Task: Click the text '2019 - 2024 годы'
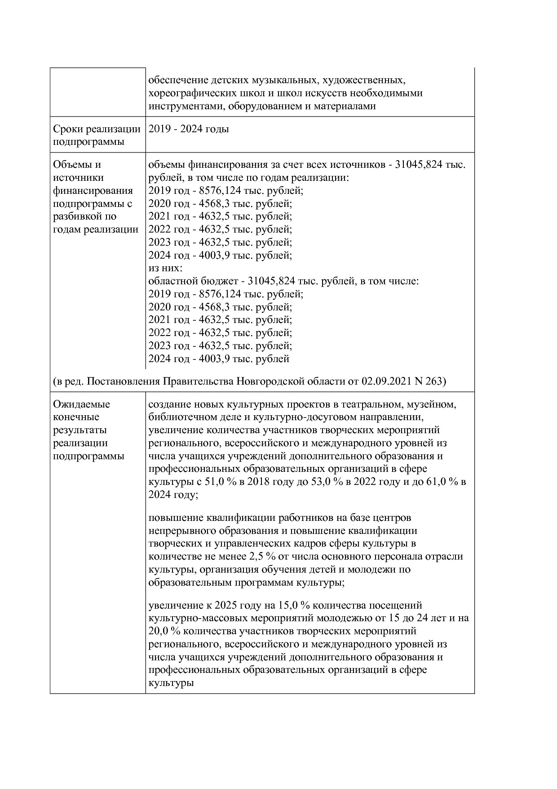click(189, 129)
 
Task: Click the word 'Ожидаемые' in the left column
click(81, 404)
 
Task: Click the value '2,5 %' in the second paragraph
click(262, 556)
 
